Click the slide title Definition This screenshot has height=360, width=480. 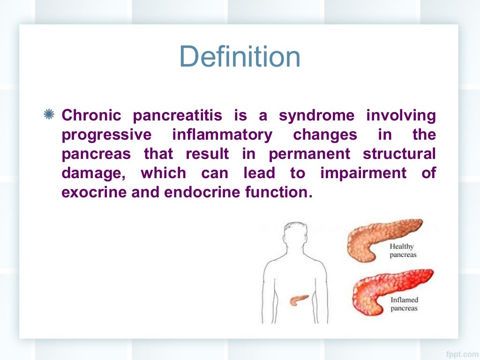tap(240, 57)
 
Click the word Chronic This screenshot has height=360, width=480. tap(91, 115)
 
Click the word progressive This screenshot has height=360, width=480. tap(106, 135)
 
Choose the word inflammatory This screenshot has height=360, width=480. tap(222, 135)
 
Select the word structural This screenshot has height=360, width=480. tap(399, 154)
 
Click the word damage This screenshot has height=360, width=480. tap(92, 173)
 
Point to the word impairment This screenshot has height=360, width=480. tap(363, 173)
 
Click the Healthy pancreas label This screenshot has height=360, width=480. tap(402, 251)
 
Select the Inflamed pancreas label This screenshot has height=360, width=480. tap(404, 304)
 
